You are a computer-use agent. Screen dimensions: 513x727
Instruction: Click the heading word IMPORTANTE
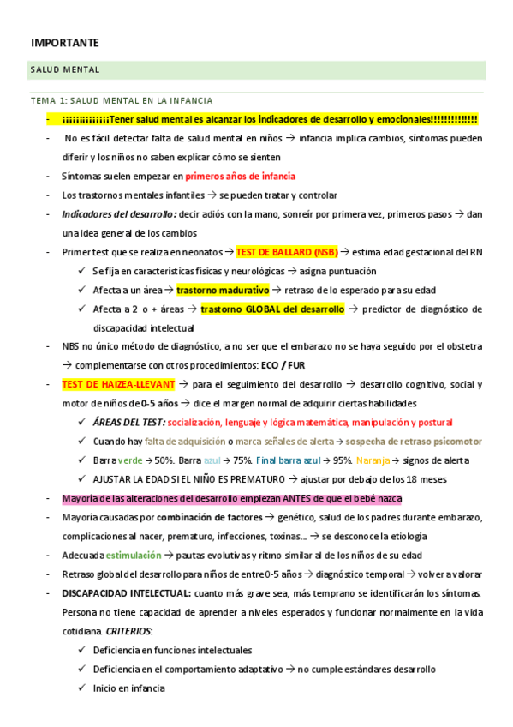65,42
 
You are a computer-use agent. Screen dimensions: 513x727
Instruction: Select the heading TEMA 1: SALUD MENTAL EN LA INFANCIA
122,100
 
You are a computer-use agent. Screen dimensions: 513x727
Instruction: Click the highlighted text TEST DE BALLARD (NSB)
287,252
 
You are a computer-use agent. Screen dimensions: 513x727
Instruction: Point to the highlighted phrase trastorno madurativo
223,290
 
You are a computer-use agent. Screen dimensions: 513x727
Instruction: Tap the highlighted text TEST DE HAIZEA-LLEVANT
118,384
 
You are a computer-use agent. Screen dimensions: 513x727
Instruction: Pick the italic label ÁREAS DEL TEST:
128,422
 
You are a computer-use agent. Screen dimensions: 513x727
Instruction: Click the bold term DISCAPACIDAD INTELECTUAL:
125,592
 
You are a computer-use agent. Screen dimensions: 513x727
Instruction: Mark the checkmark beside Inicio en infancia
81,688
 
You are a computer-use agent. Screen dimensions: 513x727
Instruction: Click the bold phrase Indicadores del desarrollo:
120,214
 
